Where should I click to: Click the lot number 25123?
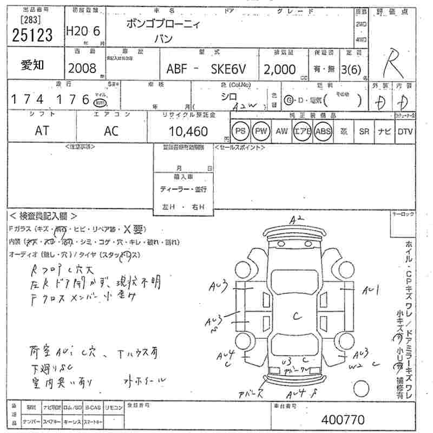[x=32, y=35]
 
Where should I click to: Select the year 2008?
[x=82, y=69]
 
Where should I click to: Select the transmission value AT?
[x=41, y=130]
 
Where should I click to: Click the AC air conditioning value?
[x=111, y=130]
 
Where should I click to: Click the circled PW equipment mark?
[x=261, y=132]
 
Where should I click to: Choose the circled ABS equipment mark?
[x=323, y=132]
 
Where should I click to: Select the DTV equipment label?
[x=404, y=132]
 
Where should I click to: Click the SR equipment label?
[x=364, y=132]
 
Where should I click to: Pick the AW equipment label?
[x=281, y=132]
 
